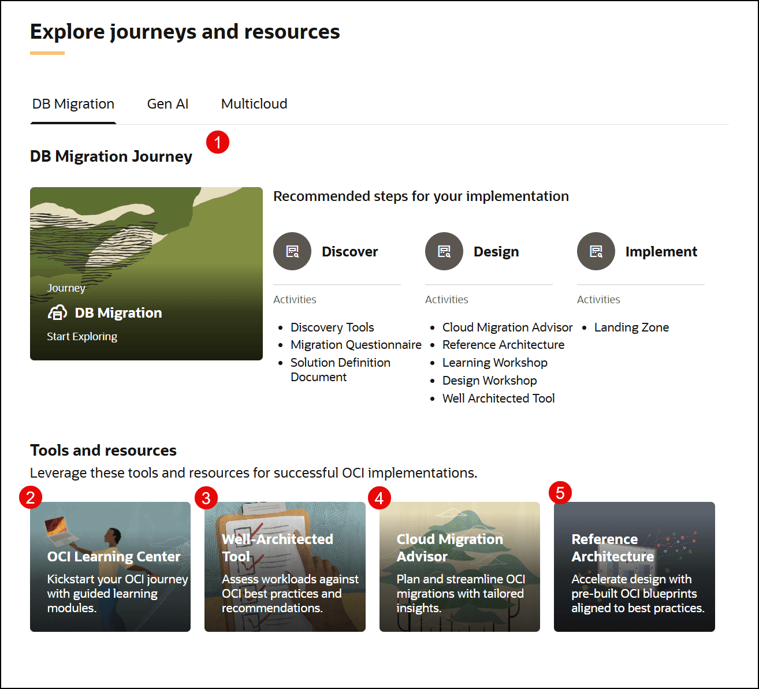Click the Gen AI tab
pos(168,104)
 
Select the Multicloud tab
pos(254,104)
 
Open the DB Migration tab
pos(73,104)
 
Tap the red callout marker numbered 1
pos(218,142)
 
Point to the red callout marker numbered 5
pos(560,493)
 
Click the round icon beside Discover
pos(292,251)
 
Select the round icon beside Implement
pos(596,251)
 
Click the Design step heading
pos(496,252)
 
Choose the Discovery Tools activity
pos(332,327)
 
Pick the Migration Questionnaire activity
pos(356,345)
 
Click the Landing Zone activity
pos(631,327)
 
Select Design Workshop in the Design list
pos(489,381)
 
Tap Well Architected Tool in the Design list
pos(498,398)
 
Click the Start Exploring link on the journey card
pos(82,337)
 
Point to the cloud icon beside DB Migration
pos(57,313)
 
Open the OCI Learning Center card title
pos(114,557)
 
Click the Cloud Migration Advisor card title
pos(449,548)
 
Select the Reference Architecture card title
pos(612,548)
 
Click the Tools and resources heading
pos(103,450)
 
